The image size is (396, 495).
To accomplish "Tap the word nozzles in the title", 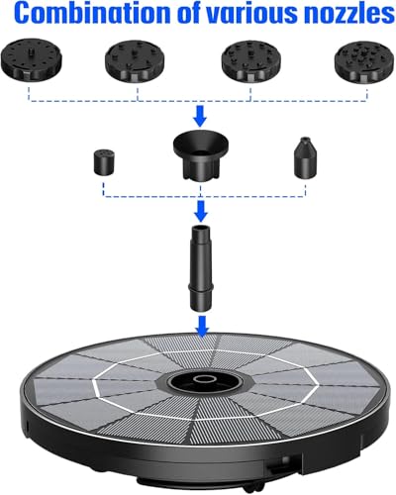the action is [348, 14].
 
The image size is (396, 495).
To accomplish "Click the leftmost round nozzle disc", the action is [32, 59].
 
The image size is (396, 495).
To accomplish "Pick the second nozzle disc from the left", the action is [135, 61].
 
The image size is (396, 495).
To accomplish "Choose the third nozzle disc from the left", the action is [251, 61].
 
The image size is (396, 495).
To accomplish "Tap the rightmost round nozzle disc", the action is [364, 62].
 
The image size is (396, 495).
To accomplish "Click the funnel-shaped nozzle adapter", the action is [201, 155].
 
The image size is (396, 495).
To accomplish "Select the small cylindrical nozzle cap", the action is [104, 162].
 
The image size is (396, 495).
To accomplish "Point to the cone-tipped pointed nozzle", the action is [305, 157].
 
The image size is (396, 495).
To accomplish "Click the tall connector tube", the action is [201, 267].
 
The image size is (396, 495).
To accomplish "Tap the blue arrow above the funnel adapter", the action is [200, 116].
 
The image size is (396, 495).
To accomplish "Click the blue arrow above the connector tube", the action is [201, 211].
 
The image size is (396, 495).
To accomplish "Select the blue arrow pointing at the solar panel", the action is [202, 327].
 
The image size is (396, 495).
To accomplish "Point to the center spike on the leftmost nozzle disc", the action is [32, 52].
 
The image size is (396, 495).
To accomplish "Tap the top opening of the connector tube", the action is [201, 228].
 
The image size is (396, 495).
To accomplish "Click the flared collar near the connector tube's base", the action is [201, 286].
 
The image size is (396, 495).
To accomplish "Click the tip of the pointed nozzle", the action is [306, 138].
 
